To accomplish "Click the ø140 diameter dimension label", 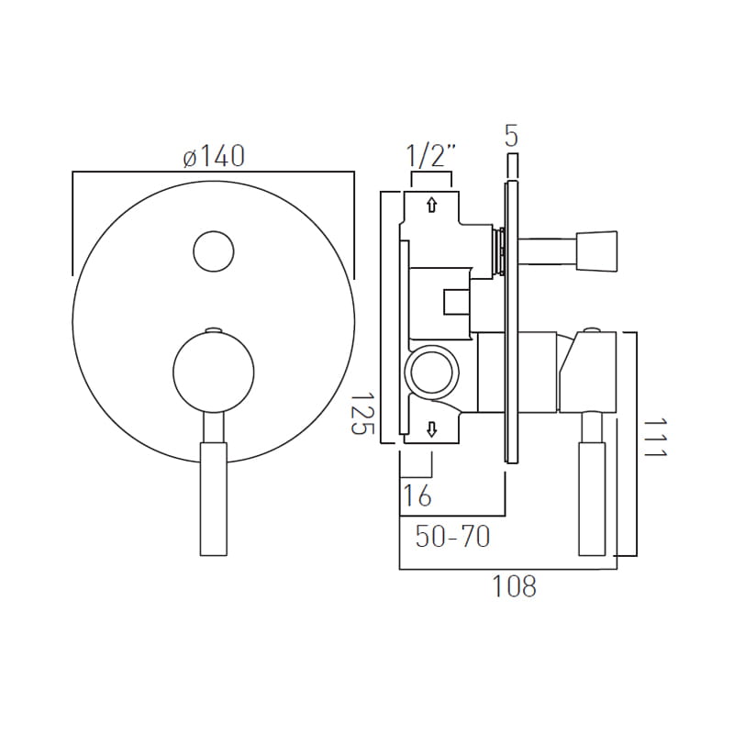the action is point(214,156).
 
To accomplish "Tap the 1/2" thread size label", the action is point(430,156).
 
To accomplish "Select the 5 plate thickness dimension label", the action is point(512,136).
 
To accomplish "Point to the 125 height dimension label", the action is point(361,414).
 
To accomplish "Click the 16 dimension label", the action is point(417,495).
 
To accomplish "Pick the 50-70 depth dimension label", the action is point(452,537).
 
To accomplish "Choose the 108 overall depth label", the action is point(514,586).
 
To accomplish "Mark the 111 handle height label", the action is point(654,438).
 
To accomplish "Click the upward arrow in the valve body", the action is point(431,205).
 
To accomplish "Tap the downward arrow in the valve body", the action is point(431,428).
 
